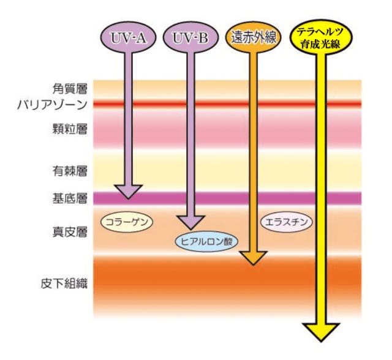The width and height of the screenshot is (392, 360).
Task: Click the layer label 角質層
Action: coord(70,89)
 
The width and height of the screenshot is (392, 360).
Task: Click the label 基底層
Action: coord(70,198)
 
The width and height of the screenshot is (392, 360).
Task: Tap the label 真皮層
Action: coord(70,232)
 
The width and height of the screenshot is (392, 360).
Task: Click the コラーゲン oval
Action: coord(126,221)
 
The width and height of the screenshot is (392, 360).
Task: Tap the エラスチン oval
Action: coord(287,221)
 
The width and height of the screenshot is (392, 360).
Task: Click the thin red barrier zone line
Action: coord(227,105)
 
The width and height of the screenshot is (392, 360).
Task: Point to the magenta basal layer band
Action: coord(227,198)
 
